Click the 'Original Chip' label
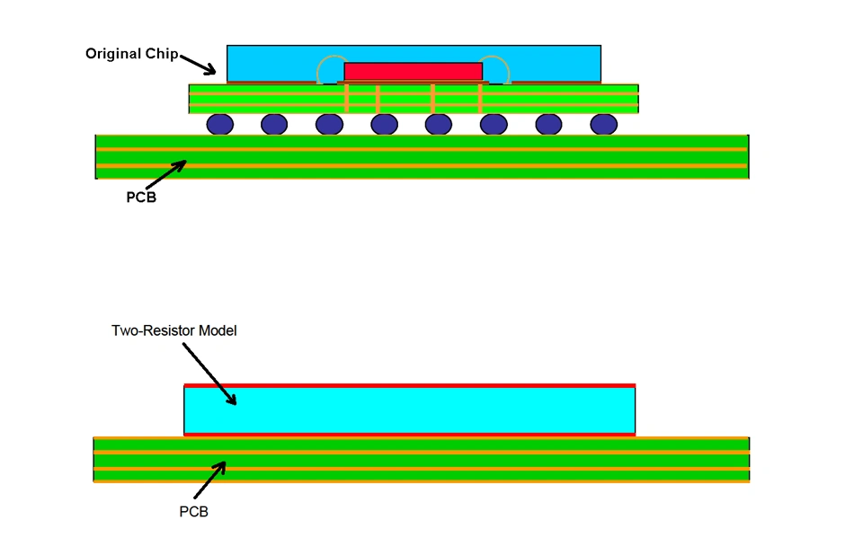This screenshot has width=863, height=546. (x=132, y=54)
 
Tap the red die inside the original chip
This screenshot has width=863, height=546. (x=414, y=71)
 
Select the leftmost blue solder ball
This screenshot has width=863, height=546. (x=220, y=124)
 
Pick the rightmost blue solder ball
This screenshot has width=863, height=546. (x=603, y=124)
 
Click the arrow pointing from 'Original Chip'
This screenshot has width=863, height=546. (x=198, y=64)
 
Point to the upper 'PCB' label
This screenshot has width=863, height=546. (x=141, y=198)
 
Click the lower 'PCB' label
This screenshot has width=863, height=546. (x=194, y=512)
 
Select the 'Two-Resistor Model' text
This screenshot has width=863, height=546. (x=173, y=330)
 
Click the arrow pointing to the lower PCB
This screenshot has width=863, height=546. (x=209, y=480)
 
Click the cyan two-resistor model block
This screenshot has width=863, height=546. (x=410, y=409)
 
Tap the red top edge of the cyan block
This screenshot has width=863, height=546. (x=410, y=385)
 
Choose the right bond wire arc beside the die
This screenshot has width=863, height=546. (x=497, y=65)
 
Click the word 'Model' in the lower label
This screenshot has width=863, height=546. (x=217, y=330)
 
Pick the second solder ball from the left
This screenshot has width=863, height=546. (x=274, y=124)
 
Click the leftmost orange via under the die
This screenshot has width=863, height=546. (x=348, y=98)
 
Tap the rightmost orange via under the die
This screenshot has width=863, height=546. (x=480, y=98)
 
